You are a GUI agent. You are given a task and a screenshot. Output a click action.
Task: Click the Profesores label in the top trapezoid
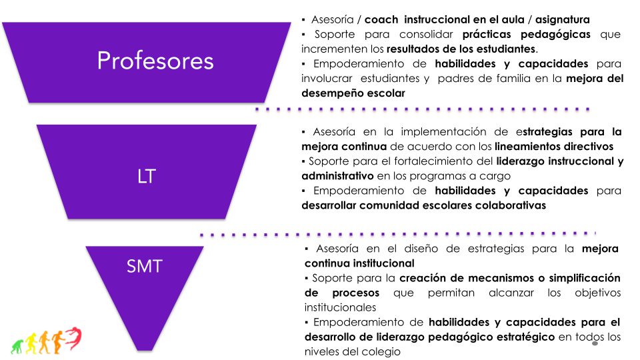(155, 61)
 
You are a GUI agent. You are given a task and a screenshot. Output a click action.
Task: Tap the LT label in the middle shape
(147, 176)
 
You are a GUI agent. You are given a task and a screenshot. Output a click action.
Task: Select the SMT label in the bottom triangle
(145, 266)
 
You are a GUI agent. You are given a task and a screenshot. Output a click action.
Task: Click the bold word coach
(381, 19)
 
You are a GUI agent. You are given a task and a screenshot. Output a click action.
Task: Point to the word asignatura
(563, 20)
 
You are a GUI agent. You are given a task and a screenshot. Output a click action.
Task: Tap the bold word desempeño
(327, 93)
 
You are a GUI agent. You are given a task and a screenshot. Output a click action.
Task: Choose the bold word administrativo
(337, 176)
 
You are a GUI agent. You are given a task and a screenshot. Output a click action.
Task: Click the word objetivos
(597, 293)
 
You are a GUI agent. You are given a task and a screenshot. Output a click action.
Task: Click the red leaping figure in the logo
(73, 338)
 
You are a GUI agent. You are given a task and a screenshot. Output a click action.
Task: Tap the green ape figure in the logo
(17, 347)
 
